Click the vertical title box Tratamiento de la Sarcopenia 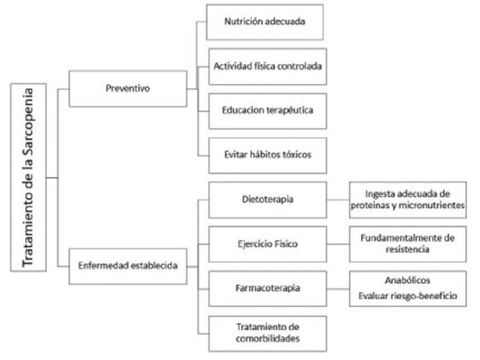tap(28, 177)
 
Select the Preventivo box tap(128, 89)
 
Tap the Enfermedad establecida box tap(128, 266)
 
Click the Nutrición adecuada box tap(265, 22)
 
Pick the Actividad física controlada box tap(268, 67)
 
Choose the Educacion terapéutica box tap(268, 111)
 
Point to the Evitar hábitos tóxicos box tap(268, 155)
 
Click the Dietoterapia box tap(268, 200)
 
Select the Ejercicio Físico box tap(268, 244)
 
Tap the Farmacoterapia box tap(268, 288)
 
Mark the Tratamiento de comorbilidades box tap(268, 333)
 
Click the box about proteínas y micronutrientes tap(408, 200)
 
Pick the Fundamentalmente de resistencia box tap(408, 244)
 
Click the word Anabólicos tap(408, 280)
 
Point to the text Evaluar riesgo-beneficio tap(408, 296)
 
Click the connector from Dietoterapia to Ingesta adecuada tap(338, 200)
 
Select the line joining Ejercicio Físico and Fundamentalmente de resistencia tap(338, 244)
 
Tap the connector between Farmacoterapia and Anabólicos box tap(338, 288)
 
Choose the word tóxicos tap(297, 155)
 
